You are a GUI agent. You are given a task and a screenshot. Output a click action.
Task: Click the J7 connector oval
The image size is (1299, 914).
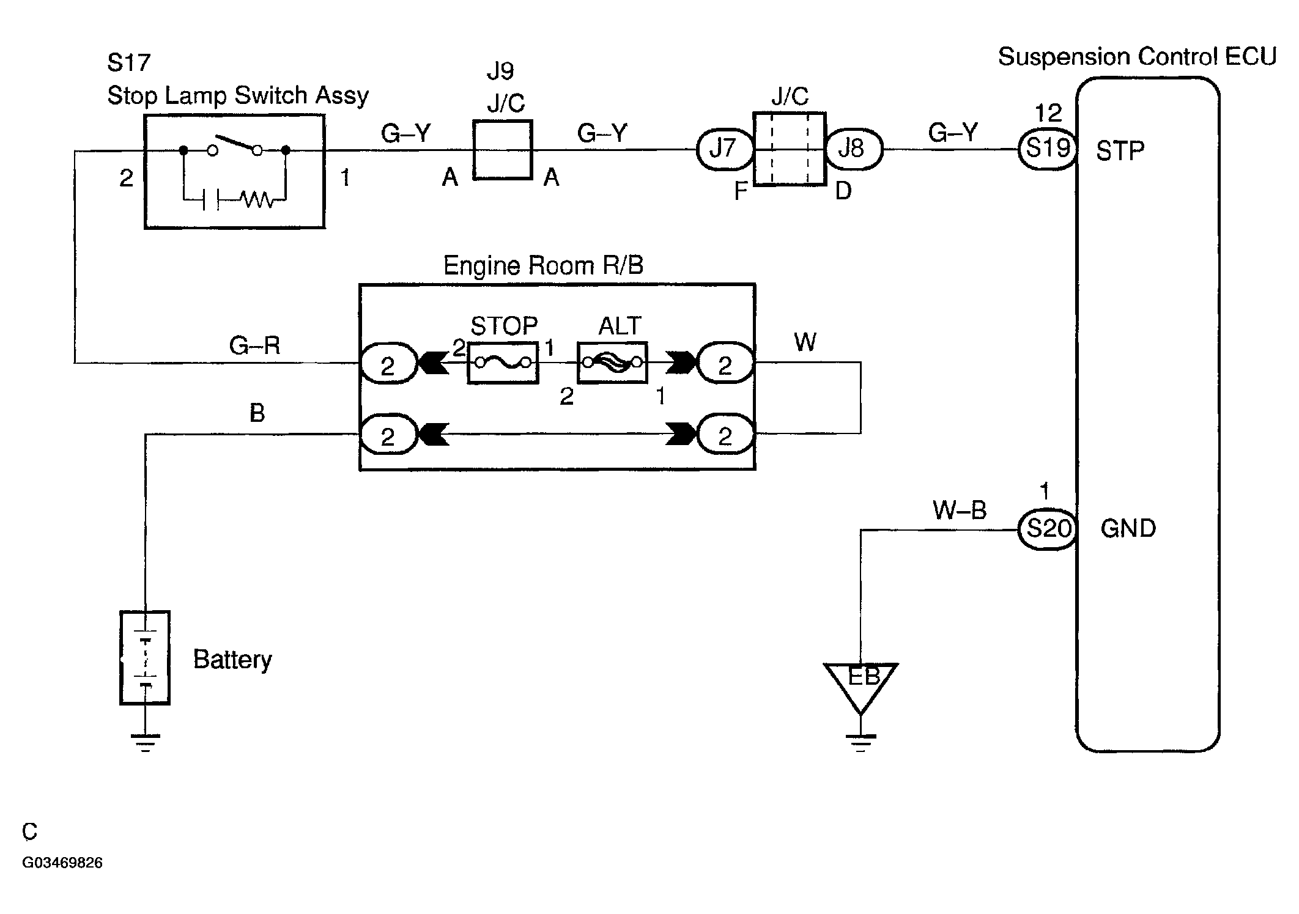tap(725, 149)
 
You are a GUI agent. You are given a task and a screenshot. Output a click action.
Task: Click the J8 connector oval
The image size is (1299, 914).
tap(854, 149)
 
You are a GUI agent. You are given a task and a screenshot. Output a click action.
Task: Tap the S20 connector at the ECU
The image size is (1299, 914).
tap(1048, 529)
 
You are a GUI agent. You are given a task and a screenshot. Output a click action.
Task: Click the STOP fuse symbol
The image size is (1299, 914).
tap(503, 363)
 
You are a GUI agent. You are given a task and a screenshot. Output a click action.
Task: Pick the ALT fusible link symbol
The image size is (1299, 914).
tap(612, 363)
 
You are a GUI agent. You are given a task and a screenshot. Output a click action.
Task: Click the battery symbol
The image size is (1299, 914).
tap(145, 658)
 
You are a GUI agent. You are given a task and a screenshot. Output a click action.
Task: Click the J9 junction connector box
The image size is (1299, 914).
tap(503, 150)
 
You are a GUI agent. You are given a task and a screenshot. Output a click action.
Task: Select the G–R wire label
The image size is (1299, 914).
tap(254, 346)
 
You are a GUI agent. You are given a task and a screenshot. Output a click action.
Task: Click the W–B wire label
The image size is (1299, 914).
tap(960, 510)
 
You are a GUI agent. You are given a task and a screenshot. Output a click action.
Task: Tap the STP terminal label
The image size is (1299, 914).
tap(1120, 151)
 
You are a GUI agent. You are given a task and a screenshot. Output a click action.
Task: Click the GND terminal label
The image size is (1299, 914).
tap(1128, 529)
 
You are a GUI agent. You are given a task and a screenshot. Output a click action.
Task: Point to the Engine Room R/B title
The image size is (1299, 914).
tap(543, 265)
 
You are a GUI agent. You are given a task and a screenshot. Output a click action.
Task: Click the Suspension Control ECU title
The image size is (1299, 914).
tap(1138, 57)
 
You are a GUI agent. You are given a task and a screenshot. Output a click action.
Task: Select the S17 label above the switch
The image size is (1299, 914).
tap(128, 62)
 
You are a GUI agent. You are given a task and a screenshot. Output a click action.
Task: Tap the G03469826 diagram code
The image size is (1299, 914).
tap(62, 863)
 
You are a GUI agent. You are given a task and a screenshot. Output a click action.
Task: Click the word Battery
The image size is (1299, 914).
tap(232, 660)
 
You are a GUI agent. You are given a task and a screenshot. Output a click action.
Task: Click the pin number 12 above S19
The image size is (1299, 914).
tap(1048, 113)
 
